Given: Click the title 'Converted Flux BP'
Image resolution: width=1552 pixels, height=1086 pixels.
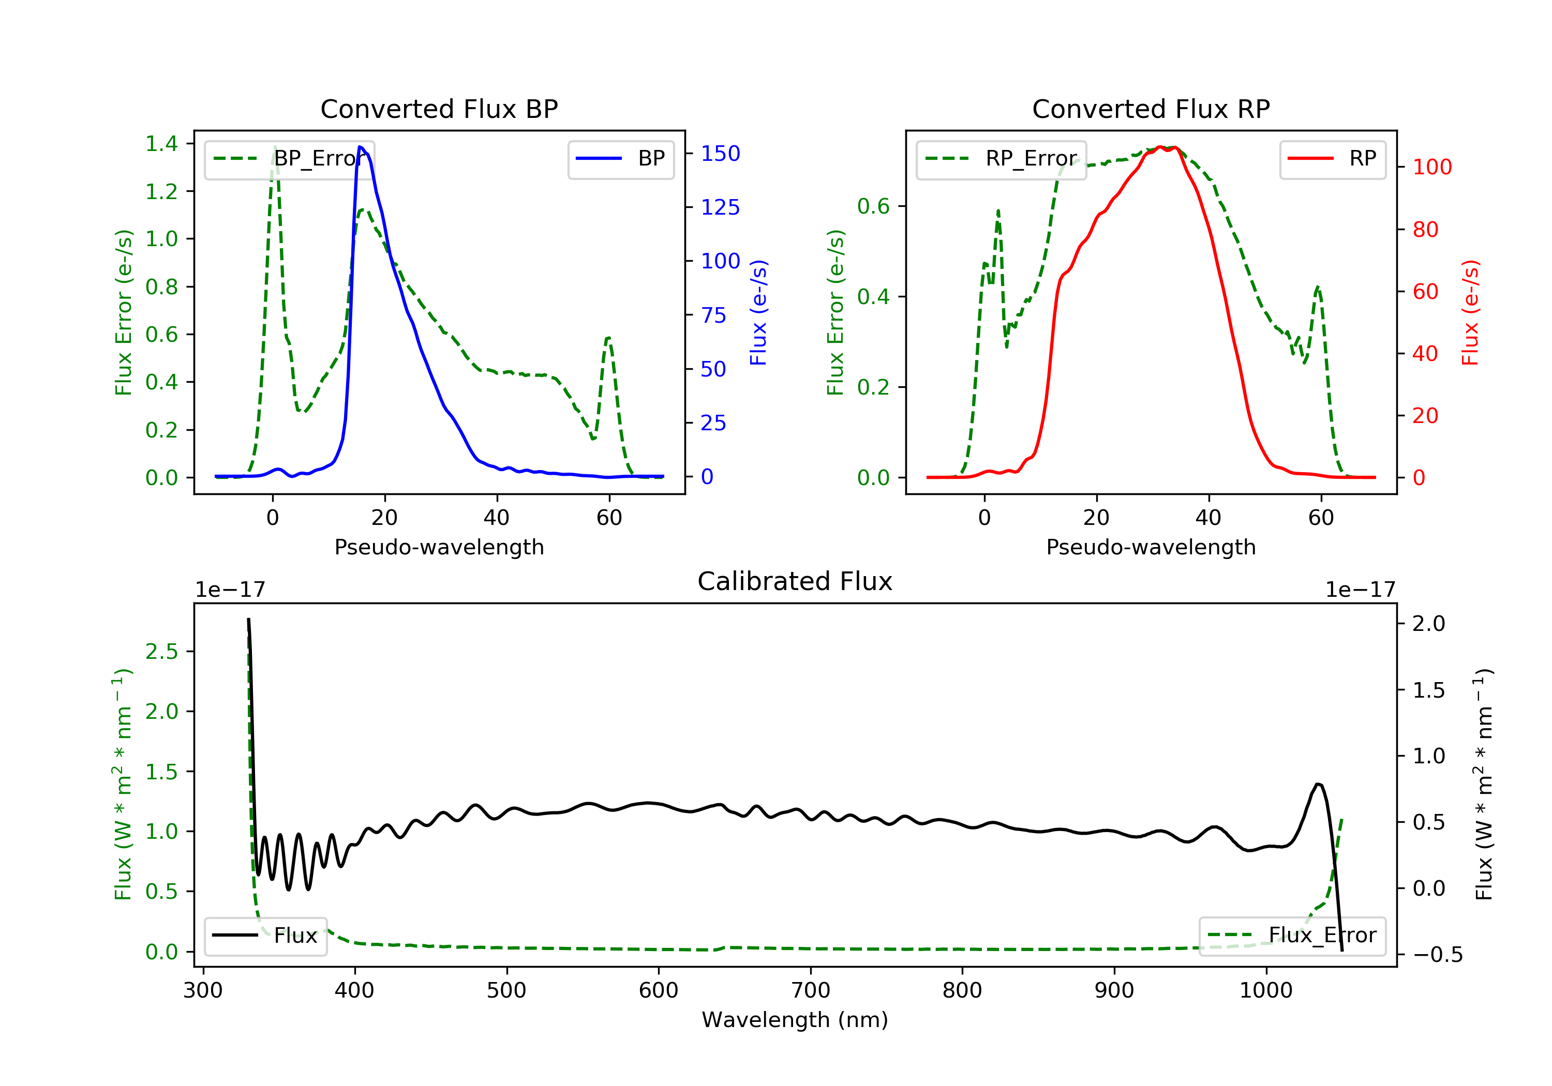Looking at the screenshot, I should (x=439, y=109).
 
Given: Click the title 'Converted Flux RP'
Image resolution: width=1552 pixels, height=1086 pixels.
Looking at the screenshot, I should (x=1151, y=109).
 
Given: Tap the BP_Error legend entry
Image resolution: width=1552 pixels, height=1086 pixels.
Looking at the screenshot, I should (x=289, y=159).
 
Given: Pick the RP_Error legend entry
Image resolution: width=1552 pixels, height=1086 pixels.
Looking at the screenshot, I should (x=1001, y=159).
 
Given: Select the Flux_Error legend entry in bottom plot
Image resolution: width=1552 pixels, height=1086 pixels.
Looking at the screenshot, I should (x=1292, y=936).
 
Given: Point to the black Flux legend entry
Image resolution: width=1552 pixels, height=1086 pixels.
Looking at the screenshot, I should (x=266, y=936).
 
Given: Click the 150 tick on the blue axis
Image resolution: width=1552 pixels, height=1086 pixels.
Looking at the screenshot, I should (x=720, y=154).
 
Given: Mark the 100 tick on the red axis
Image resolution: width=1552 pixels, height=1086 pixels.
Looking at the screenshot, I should (x=1431, y=167).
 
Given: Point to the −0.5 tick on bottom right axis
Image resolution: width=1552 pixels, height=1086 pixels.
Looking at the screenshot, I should (x=1437, y=955).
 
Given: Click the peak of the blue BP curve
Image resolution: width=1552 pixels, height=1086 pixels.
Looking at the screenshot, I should (x=360, y=147).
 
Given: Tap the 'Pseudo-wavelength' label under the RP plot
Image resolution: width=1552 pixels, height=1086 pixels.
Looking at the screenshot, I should (x=1151, y=547).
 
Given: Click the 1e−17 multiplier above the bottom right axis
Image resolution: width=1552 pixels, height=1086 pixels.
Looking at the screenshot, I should (x=1360, y=590).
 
